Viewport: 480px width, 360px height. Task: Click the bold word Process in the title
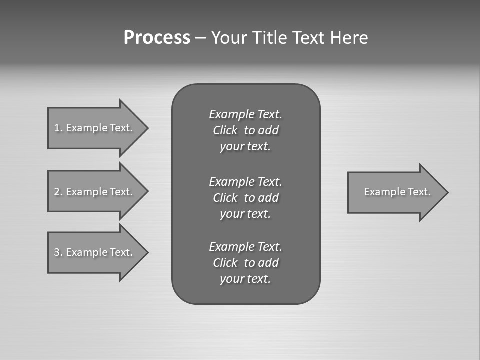pos(157,38)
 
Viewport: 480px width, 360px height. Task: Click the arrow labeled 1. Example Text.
pos(93,128)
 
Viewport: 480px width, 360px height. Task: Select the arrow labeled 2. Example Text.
pos(93,192)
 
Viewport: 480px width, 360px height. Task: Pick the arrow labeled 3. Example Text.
pos(93,252)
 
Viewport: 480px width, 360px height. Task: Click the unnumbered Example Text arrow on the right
pos(397,192)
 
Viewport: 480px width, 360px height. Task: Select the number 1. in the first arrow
pos(58,128)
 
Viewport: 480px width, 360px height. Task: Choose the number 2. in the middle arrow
pos(58,192)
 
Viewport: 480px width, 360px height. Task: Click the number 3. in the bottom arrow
pos(58,252)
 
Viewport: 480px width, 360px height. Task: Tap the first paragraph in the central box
pos(245,130)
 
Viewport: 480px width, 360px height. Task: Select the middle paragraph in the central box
pos(245,197)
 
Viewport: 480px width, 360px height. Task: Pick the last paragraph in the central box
pos(245,263)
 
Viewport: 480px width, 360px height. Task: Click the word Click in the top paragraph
pos(225,130)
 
